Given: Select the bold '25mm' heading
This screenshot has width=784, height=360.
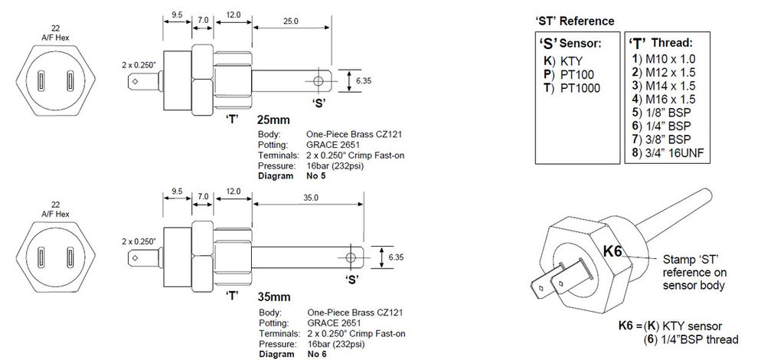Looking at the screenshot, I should coord(273,121).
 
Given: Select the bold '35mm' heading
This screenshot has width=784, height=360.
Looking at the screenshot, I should coord(273,296).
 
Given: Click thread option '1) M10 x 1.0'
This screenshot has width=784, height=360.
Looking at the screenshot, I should coord(665,58).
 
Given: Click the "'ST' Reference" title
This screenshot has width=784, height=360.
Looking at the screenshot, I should coord(573,21).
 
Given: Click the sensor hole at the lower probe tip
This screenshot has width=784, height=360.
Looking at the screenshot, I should coord(351,256).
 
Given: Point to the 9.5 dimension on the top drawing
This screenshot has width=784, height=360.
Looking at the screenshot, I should coord(176,15).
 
